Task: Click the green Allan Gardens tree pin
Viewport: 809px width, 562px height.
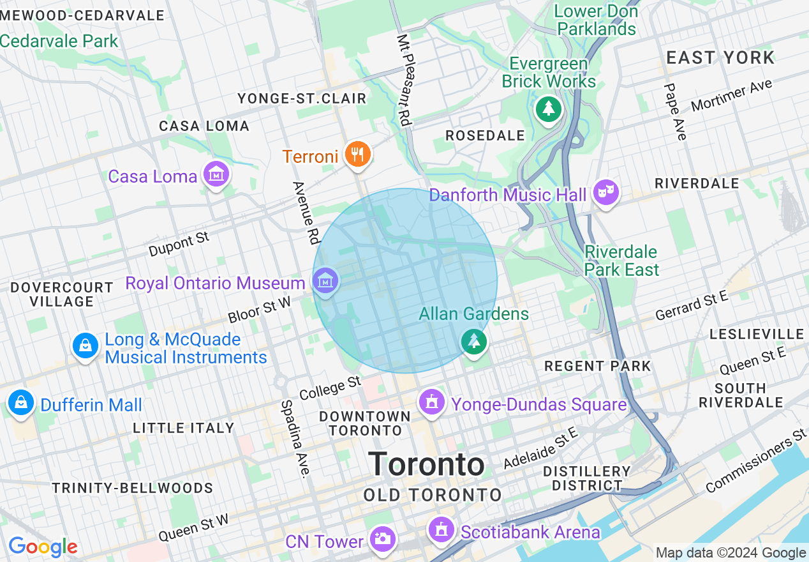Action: click(x=474, y=342)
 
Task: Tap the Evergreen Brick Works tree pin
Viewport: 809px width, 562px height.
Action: click(x=548, y=109)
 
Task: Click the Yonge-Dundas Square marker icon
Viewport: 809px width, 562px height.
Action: click(x=433, y=403)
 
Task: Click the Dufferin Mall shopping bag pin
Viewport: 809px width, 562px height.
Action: click(x=21, y=404)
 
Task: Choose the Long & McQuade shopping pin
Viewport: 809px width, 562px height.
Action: click(x=85, y=347)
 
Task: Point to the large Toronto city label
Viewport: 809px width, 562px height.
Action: click(x=426, y=464)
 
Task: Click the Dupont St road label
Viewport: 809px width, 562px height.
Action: click(x=179, y=245)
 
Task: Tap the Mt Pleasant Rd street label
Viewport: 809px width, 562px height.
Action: click(x=404, y=79)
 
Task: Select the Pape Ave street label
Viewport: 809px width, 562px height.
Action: click(x=675, y=112)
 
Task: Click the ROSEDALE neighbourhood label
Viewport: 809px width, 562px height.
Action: click(x=485, y=135)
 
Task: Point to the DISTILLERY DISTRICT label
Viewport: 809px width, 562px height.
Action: click(x=586, y=478)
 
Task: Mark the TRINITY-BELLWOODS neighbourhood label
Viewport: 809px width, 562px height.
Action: click(x=133, y=488)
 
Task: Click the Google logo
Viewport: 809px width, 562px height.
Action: click(x=43, y=547)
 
